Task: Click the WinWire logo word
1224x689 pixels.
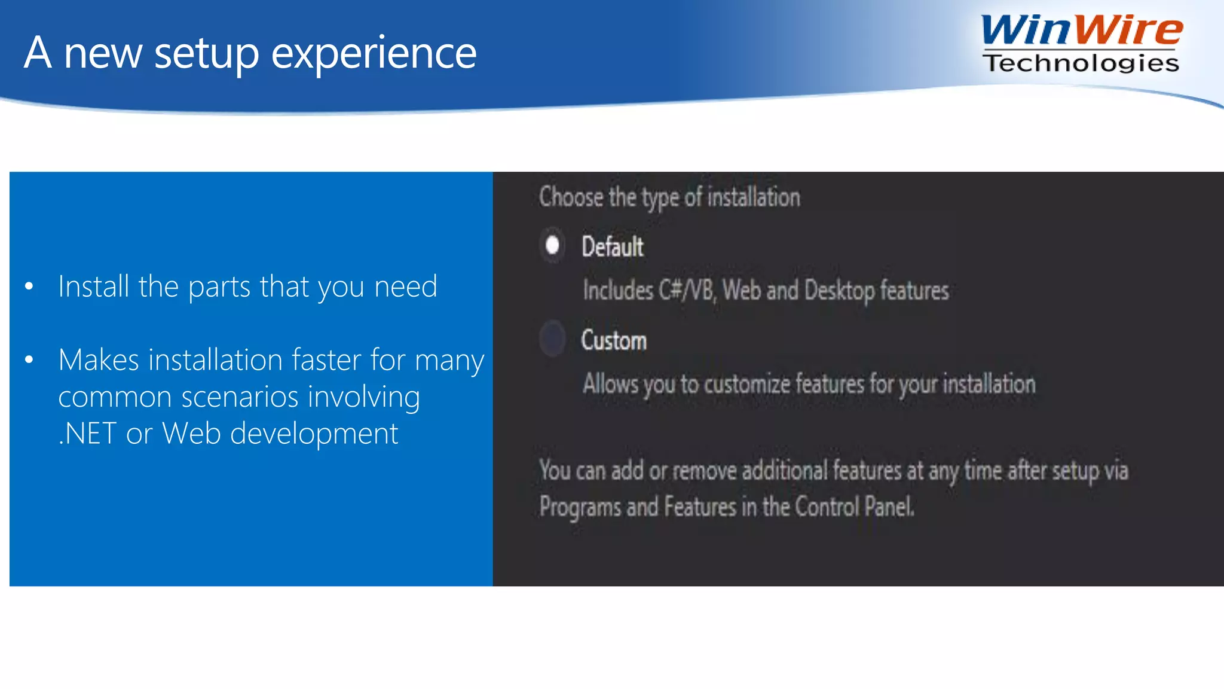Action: tap(1081, 30)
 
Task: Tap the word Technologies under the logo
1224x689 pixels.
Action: tap(1081, 63)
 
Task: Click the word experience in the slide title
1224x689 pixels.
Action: tap(374, 54)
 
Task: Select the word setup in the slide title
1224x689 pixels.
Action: tap(207, 54)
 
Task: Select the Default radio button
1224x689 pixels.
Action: tap(552, 245)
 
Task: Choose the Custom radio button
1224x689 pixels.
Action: tap(552, 339)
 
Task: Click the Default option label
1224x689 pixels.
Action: tap(613, 246)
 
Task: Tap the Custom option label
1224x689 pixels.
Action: tap(614, 340)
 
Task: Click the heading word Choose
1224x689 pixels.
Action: tap(571, 197)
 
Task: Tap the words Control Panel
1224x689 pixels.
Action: tap(855, 507)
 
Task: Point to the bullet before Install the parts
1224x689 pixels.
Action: tap(29, 286)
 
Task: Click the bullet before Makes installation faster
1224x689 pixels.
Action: tap(29, 360)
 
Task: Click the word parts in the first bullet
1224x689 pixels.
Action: tap(219, 288)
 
